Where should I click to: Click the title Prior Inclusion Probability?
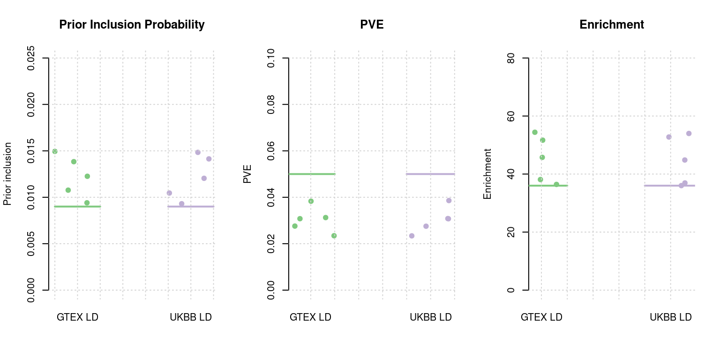point(132,25)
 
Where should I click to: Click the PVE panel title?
point(372,25)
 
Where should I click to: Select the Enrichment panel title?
point(612,25)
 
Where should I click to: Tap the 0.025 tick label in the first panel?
point(31,58)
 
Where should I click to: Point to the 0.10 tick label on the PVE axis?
point(271,58)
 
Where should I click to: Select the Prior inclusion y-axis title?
point(7,174)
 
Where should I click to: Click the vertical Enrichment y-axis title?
point(487,174)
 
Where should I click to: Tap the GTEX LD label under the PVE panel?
point(310,317)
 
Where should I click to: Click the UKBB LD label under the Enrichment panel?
point(670,317)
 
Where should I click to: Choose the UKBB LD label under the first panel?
point(190,317)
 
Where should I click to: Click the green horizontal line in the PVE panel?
point(312,174)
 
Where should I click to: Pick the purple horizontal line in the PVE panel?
point(430,174)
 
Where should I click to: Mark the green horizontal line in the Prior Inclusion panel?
point(77,206)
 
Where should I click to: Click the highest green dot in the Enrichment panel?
point(535,132)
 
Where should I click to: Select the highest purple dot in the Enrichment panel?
point(689,134)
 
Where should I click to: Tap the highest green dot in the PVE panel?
point(311,201)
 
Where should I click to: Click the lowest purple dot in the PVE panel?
point(412,236)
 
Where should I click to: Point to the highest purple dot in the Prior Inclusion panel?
point(198,152)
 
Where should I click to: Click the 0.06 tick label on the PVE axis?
point(271,151)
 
